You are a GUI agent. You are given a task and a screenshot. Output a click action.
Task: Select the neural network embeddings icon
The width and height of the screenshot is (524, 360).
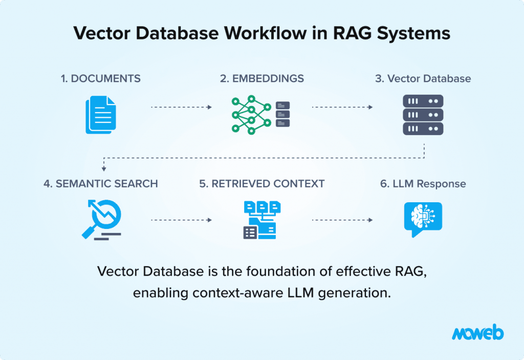tap(260, 115)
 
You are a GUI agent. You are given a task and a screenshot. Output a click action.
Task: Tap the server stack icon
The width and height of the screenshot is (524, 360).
tap(423, 115)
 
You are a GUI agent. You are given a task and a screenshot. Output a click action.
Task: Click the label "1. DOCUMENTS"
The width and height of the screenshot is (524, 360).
tap(101, 78)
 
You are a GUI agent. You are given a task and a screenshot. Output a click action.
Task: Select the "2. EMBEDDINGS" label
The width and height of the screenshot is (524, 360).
tap(262, 78)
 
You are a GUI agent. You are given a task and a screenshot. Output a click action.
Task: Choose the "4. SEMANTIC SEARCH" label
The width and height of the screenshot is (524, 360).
tap(101, 183)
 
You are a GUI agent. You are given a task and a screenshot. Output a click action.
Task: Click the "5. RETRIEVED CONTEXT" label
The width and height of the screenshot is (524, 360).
tap(262, 183)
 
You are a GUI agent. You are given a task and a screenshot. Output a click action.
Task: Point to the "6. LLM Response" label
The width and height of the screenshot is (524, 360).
tap(423, 183)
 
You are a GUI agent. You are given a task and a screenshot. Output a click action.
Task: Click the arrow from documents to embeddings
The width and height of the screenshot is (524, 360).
tap(181, 108)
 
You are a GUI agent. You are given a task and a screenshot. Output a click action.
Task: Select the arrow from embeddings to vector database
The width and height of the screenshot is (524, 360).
tap(342, 108)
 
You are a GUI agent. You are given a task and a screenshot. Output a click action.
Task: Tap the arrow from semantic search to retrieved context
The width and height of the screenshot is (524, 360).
tap(181, 220)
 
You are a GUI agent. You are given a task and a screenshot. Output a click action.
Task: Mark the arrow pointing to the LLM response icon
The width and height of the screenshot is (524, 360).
tap(342, 220)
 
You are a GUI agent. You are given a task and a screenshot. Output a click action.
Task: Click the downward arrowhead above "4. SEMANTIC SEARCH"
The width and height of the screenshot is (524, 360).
tap(104, 168)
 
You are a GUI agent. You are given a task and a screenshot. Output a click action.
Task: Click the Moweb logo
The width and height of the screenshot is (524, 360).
tap(477, 333)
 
